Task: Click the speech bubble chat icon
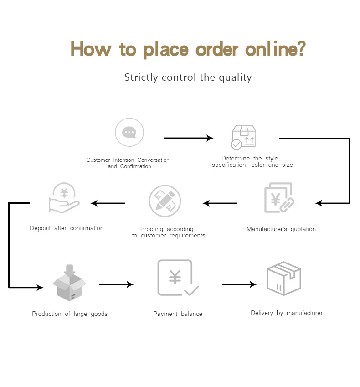pos(129,133)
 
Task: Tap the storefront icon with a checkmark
pos(244,137)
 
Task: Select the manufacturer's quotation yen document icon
pos(279,198)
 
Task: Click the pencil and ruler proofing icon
pos(165,201)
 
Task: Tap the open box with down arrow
pos(69,283)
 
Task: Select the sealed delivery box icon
pos(283,278)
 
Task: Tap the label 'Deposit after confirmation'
pos(67,228)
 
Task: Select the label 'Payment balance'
pos(178,314)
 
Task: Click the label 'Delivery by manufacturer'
pos(287,313)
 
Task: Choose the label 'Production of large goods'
pos(70,314)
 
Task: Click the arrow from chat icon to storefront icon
pos(188,138)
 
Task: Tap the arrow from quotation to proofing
pos(220,203)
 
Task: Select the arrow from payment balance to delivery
pos(239,284)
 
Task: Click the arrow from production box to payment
pos(116,284)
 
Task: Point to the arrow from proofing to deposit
pos(108,203)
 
